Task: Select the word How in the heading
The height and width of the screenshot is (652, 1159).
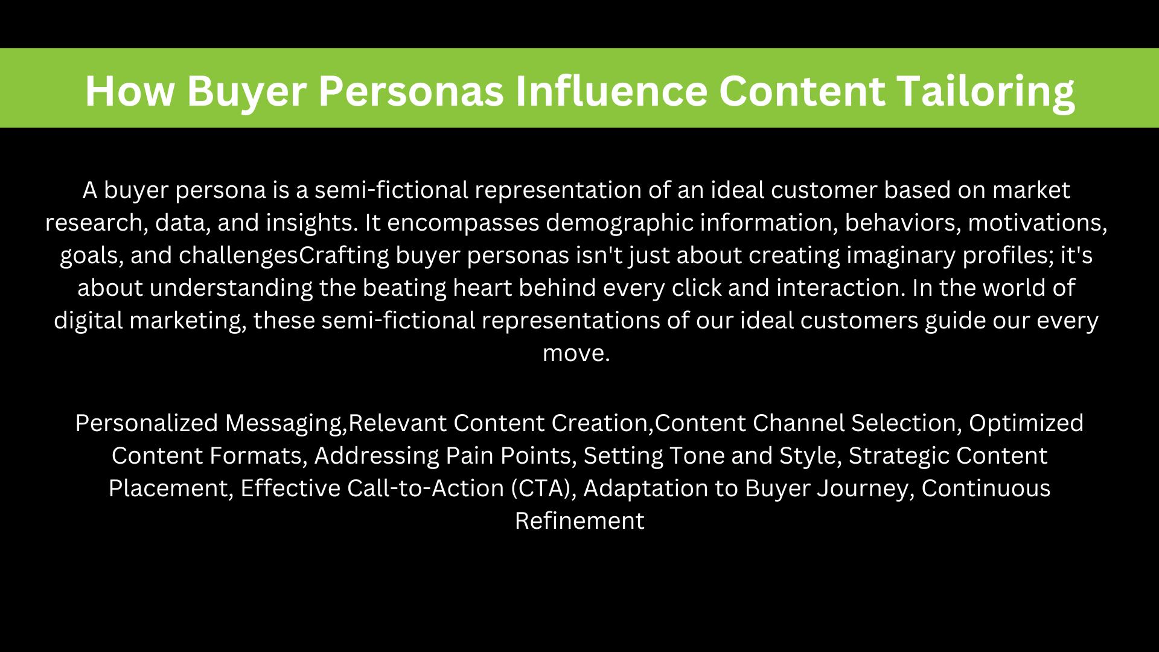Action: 130,92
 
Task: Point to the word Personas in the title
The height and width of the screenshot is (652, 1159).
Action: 411,92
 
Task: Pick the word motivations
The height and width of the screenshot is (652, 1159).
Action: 1038,223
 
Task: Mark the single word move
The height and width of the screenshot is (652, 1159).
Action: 576,353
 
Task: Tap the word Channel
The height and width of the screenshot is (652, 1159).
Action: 799,423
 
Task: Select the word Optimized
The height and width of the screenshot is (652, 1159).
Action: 1026,423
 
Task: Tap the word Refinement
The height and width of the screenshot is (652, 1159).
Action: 579,521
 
